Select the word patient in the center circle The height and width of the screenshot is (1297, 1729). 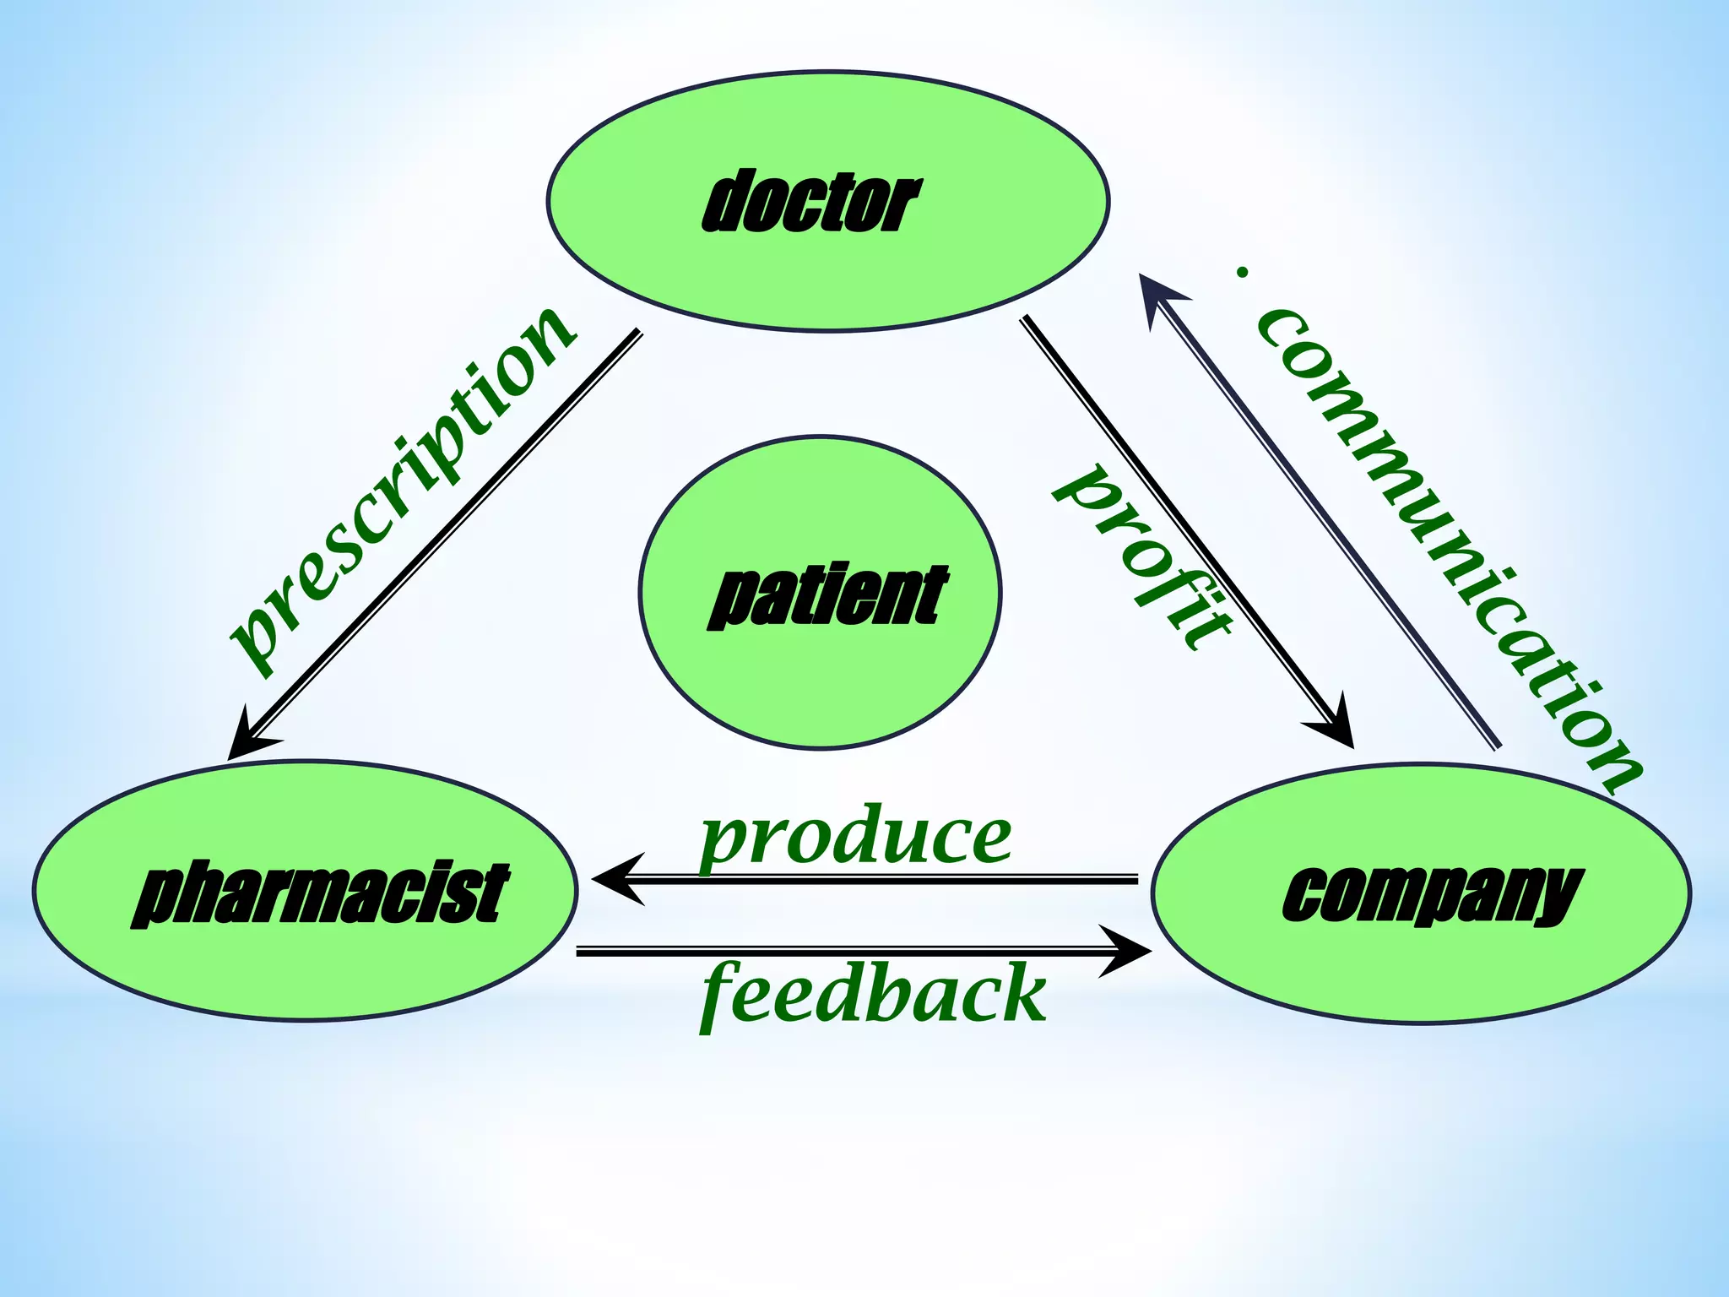tap(827, 596)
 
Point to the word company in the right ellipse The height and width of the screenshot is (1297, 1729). tap(1430, 895)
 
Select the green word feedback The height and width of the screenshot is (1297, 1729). tap(875, 995)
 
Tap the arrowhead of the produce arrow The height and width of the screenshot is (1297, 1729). tap(616, 879)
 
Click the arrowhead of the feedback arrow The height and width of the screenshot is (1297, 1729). tap(1127, 952)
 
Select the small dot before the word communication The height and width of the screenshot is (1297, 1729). tap(1241, 272)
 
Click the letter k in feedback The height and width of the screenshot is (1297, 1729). tap(1022, 993)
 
